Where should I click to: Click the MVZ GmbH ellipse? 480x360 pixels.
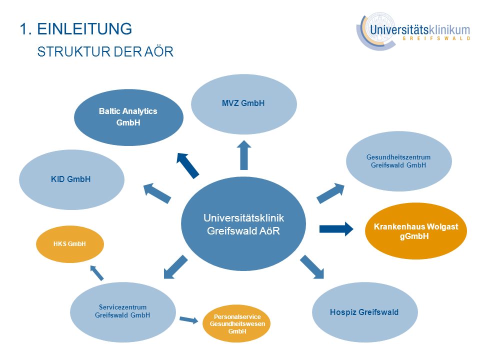[x=244, y=104]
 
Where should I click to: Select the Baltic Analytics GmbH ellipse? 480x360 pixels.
[x=128, y=117]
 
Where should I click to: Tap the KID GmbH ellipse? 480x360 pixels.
[x=71, y=179]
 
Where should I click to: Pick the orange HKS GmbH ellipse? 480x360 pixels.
[x=70, y=244]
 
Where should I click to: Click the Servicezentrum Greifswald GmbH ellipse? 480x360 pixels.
[x=123, y=312]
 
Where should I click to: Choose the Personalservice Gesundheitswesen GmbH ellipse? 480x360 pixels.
[x=236, y=324]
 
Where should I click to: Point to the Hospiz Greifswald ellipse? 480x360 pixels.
[x=365, y=312]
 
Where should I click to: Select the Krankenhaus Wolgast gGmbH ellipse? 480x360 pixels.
[x=415, y=231]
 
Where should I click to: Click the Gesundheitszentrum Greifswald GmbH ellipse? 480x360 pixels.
[x=399, y=161]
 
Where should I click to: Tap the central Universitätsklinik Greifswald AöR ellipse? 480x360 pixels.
[x=243, y=224]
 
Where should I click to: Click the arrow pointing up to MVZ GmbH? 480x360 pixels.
[x=244, y=155]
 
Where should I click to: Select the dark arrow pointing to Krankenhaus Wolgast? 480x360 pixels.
[x=336, y=229]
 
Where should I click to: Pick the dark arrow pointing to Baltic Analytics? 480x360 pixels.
[x=187, y=165]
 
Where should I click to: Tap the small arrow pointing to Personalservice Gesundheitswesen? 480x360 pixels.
[x=189, y=320]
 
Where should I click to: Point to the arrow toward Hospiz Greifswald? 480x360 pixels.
[x=312, y=267]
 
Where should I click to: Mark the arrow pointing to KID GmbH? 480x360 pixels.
[x=157, y=193]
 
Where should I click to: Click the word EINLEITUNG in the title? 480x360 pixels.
[x=84, y=29]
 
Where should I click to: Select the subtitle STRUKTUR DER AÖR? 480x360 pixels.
[x=105, y=51]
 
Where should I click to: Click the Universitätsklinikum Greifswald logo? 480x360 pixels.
[x=413, y=31]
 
